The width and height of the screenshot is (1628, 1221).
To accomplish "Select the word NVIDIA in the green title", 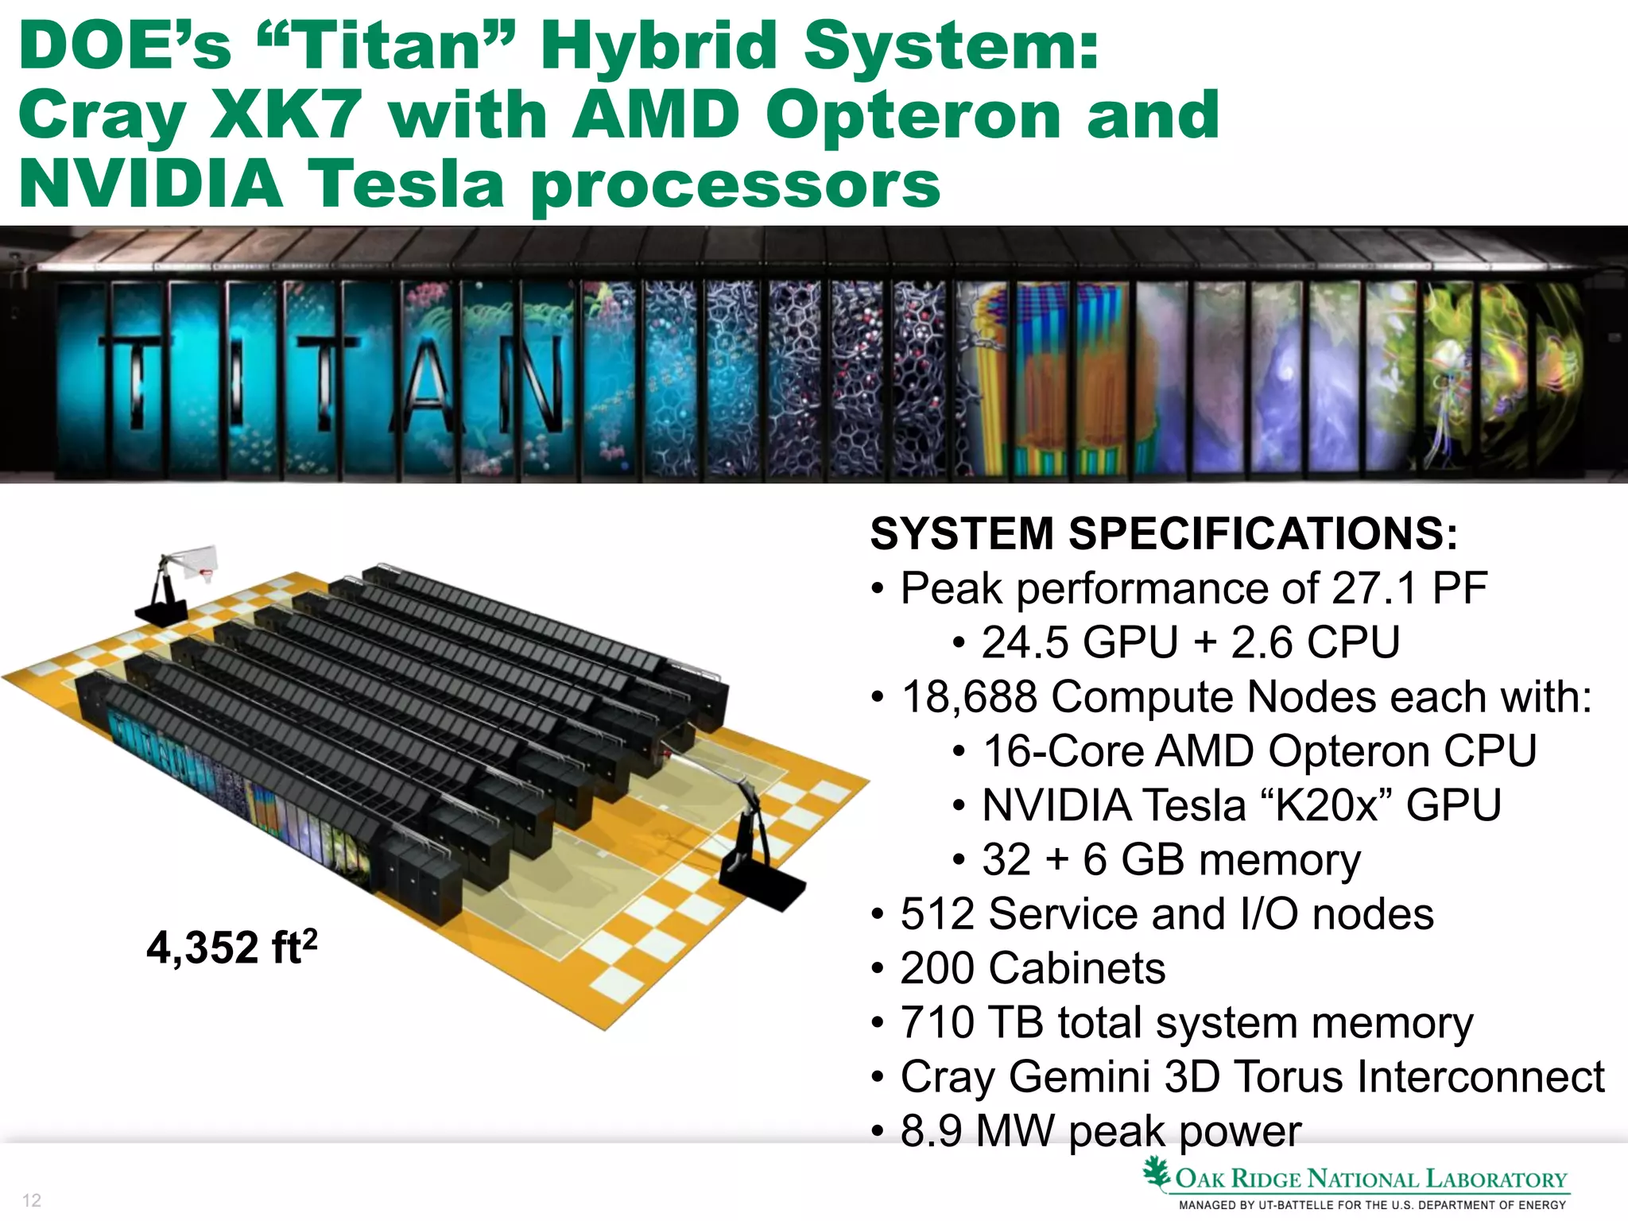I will click(x=151, y=184).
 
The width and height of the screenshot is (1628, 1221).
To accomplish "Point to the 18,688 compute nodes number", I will click(x=969, y=697).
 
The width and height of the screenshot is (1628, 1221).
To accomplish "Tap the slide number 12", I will click(x=32, y=1200).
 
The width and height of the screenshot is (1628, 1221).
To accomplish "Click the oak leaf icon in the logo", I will click(x=1157, y=1173).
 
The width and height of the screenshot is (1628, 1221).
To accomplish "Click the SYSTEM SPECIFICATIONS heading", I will click(x=1164, y=533).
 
